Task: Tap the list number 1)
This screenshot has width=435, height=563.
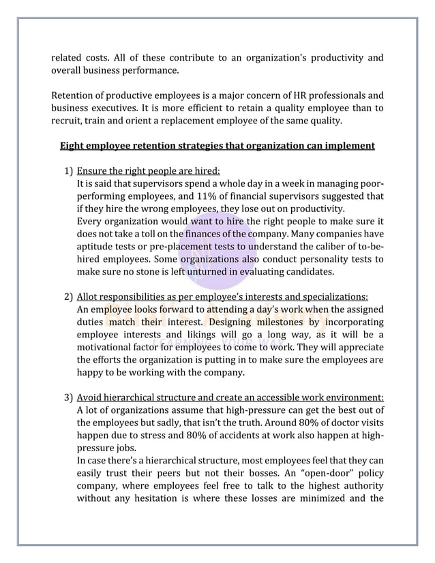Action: tap(68, 171)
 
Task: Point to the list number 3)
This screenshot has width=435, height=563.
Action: tap(68, 397)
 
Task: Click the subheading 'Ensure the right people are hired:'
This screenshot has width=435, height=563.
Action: tap(148, 171)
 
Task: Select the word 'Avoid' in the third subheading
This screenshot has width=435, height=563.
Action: tap(90, 397)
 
